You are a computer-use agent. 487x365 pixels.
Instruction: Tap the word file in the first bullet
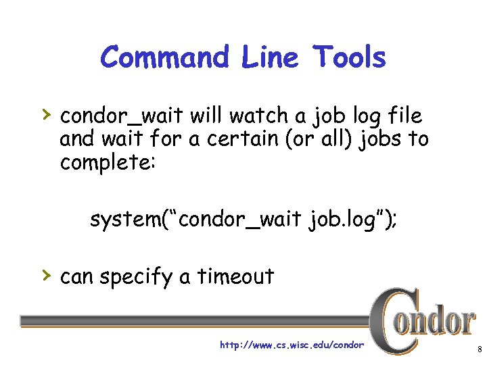tap(404, 116)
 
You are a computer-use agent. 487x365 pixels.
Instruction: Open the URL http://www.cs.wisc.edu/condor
tap(292, 345)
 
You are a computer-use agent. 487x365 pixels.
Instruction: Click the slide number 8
tap(479, 350)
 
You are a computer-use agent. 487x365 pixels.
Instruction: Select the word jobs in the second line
tap(380, 139)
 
